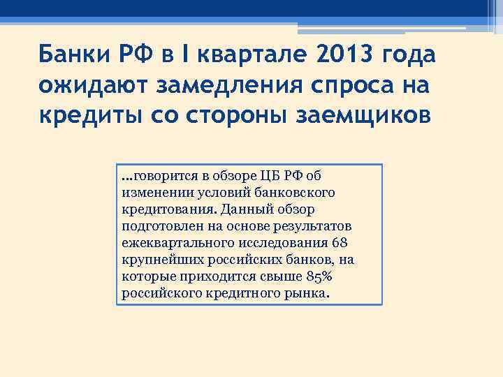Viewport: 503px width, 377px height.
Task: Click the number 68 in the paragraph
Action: (x=339, y=244)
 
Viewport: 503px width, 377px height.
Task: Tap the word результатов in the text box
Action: (x=315, y=227)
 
